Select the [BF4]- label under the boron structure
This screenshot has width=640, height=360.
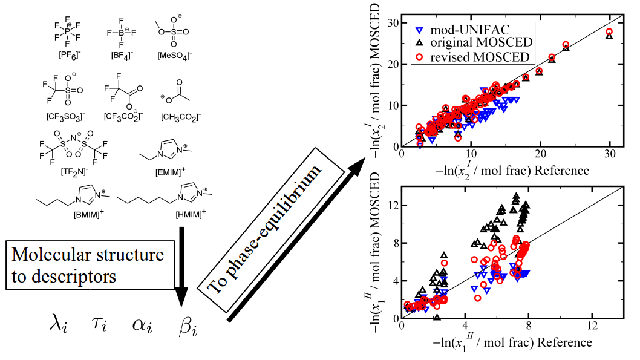[122, 55]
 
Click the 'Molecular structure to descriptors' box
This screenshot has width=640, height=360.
[91, 266]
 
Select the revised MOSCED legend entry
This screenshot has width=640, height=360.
[472, 57]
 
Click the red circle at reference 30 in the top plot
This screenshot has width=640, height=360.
[609, 31]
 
